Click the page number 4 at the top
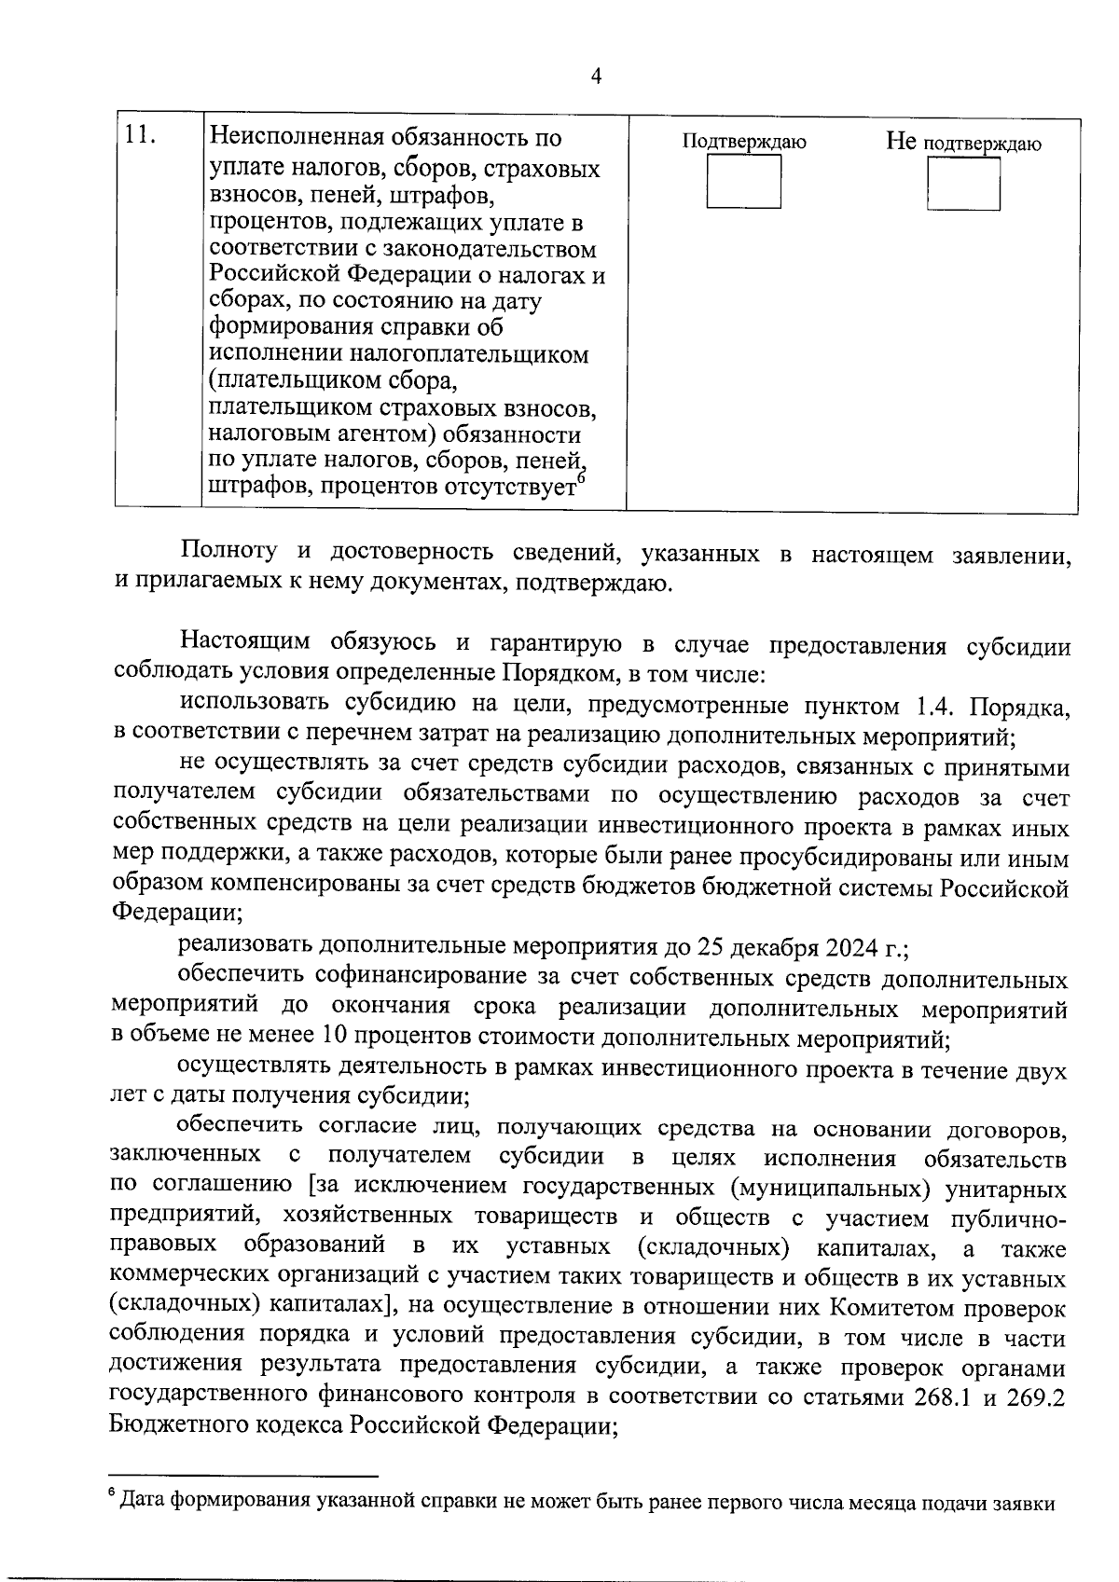[x=596, y=76]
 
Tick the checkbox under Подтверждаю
[x=743, y=181]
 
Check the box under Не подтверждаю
[x=963, y=184]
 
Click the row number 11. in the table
[x=138, y=137]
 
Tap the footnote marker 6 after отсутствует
[x=580, y=478]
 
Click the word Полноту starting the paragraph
[x=229, y=551]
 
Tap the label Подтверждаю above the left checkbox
[x=744, y=143]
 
